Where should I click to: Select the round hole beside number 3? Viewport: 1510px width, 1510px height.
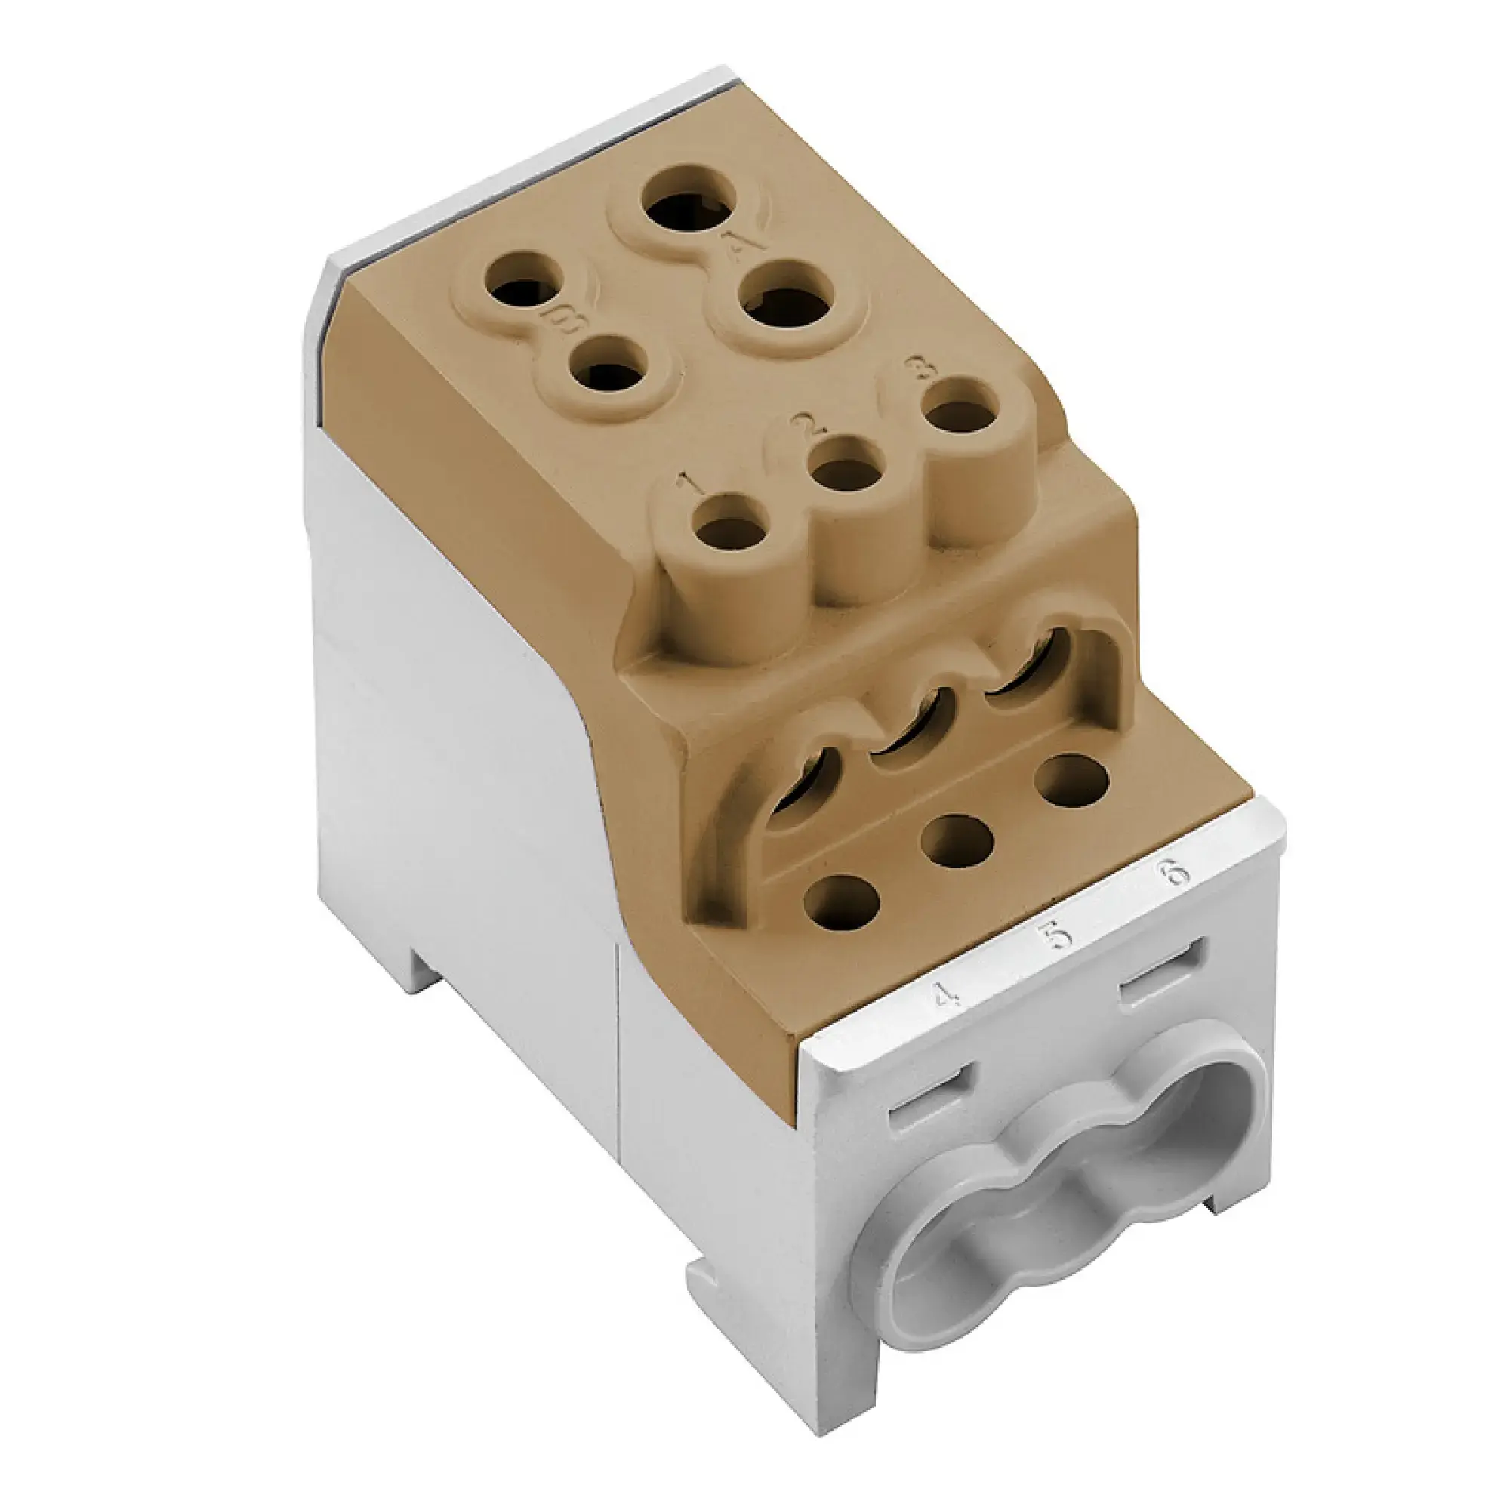(959, 415)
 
